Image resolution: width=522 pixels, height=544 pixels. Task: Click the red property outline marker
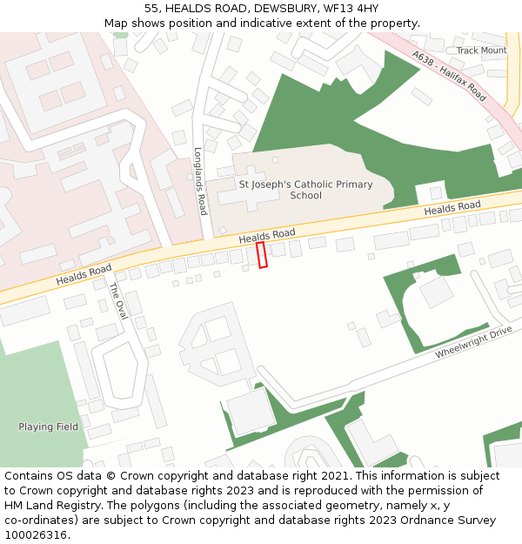coord(262,255)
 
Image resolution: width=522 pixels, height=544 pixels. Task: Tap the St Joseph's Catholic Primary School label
coord(305,190)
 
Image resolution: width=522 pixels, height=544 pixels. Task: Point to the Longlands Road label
coord(200,181)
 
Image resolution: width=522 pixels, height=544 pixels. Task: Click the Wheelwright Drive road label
coord(474,342)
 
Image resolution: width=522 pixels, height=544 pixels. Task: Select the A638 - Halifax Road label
coord(450,75)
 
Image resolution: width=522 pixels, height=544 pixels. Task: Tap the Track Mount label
coord(481,50)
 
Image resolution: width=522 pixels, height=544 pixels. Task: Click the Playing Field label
coord(48,426)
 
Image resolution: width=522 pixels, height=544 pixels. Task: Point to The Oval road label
coord(117,301)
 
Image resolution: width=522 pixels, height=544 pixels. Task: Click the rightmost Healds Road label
coord(452,209)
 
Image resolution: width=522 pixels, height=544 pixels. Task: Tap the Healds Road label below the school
coord(267,236)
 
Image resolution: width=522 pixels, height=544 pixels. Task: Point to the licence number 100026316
coord(36,535)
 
